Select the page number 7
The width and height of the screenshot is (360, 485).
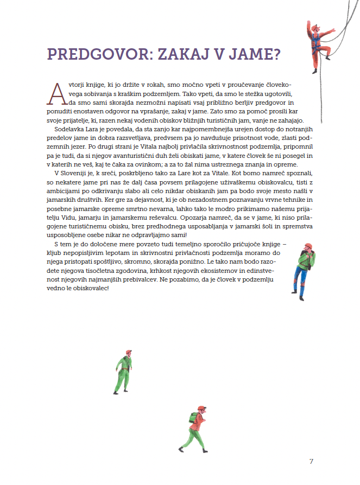point(311,462)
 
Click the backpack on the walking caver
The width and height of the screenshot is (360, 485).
point(193,418)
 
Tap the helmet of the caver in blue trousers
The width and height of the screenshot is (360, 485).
point(308,246)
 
